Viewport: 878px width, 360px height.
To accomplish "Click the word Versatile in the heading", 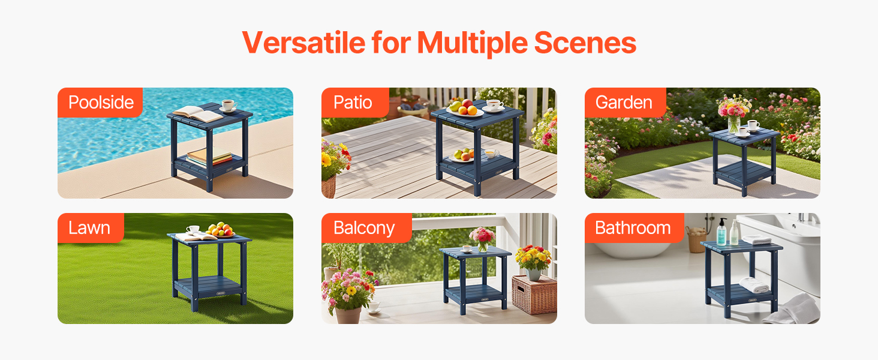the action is [x=304, y=43].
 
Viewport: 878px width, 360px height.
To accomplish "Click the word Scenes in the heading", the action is [x=585, y=43].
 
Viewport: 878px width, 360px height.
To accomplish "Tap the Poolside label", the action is [x=100, y=103].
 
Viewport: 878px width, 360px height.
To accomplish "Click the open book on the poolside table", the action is [x=198, y=114].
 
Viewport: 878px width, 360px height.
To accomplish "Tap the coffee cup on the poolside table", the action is [x=228, y=106].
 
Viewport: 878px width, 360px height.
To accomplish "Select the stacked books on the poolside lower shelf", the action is [x=209, y=155].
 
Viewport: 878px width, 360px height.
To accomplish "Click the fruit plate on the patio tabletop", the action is [x=465, y=108].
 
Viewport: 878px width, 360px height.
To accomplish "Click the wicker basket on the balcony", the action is [x=534, y=294].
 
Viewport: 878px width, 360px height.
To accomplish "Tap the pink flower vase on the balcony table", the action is [x=483, y=239].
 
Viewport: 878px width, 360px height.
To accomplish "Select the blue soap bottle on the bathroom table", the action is [x=721, y=232].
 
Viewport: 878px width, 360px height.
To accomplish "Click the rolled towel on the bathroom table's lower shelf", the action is [x=754, y=285].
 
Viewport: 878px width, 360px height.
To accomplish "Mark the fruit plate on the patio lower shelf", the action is [x=462, y=155].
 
